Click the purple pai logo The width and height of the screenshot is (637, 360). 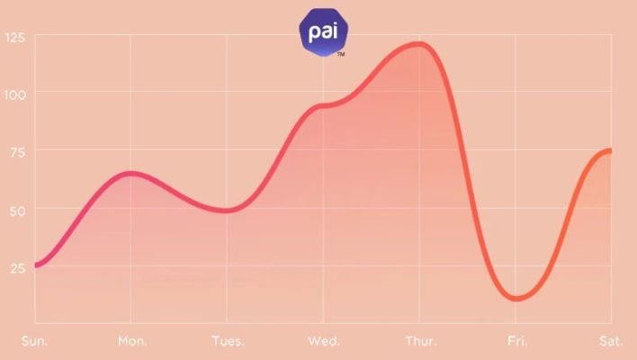pos(323,31)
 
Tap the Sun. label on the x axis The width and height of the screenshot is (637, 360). pos(35,342)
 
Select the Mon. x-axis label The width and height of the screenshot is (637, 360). pos(131,342)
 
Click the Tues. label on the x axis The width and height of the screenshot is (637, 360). pos(227,342)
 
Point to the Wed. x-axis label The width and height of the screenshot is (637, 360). pos(323,342)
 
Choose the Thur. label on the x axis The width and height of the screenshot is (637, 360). pos(419,342)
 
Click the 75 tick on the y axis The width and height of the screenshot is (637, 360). pos(19,152)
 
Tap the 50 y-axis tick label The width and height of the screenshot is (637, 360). pos(19,210)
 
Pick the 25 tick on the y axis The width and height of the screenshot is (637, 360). pos(19,267)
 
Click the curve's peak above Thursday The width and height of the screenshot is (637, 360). pos(419,43)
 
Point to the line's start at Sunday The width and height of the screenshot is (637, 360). pos(36,265)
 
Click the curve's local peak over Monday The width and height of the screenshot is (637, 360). pos(131,173)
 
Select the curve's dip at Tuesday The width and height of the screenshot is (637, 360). pos(227,211)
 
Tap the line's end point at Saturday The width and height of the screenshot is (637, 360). pos(610,150)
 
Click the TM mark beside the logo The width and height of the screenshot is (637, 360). pos(340,55)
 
